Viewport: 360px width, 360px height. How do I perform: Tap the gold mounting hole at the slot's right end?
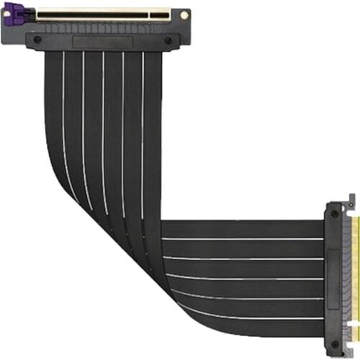(x=184, y=14)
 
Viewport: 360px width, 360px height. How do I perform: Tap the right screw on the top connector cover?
(x=167, y=40)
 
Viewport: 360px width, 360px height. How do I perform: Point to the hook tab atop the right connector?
(x=351, y=198)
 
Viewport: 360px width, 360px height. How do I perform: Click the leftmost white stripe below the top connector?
(x=63, y=108)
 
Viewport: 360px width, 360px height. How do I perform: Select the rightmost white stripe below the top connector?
(x=143, y=108)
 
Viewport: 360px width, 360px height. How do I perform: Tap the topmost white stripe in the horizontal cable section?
(x=245, y=238)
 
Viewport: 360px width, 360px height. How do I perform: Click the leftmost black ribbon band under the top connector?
(x=53, y=108)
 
